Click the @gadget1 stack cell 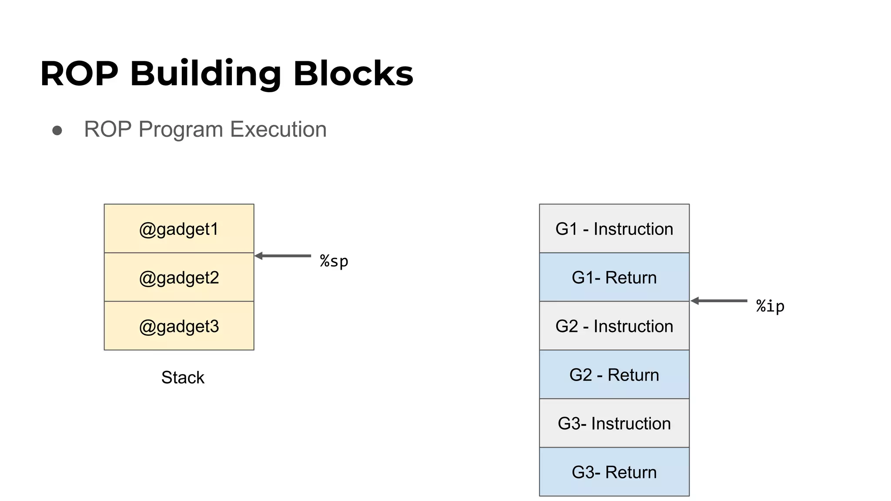click(179, 229)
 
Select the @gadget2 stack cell click(179, 277)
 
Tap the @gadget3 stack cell click(179, 326)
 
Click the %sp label click(334, 261)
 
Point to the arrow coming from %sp click(283, 256)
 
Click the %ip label click(770, 306)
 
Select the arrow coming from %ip click(719, 301)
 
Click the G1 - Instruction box click(614, 229)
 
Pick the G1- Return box click(614, 277)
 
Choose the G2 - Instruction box click(614, 326)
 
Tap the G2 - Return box click(614, 375)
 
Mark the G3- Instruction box click(614, 424)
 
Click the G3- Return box click(614, 472)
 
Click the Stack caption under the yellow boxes click(182, 377)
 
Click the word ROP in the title click(79, 73)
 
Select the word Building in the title click(205, 73)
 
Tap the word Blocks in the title click(353, 73)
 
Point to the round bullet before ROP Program click(57, 130)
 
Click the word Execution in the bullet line click(278, 130)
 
